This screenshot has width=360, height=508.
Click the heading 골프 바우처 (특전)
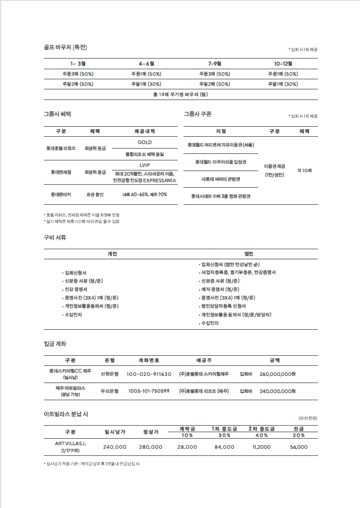pyautogui.click(x=65, y=47)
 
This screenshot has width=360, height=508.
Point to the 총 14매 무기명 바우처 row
pyautogui.click(x=180, y=94)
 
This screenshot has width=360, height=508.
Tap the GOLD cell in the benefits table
pyautogui.click(x=145, y=143)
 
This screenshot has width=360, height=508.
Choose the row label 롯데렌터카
pyautogui.click(x=61, y=194)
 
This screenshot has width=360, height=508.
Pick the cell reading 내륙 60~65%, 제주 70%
pyautogui.click(x=145, y=194)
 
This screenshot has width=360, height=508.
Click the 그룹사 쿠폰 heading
pyautogui.click(x=197, y=114)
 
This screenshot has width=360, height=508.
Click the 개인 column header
pyautogui.click(x=112, y=253)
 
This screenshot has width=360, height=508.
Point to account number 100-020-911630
pyautogui.click(x=149, y=374)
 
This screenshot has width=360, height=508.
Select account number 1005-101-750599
pyautogui.click(x=149, y=391)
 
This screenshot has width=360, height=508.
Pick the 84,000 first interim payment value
pyautogui.click(x=224, y=447)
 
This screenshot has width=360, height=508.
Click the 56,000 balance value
pyautogui.click(x=298, y=447)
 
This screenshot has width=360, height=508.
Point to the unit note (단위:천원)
pyautogui.click(x=308, y=418)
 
